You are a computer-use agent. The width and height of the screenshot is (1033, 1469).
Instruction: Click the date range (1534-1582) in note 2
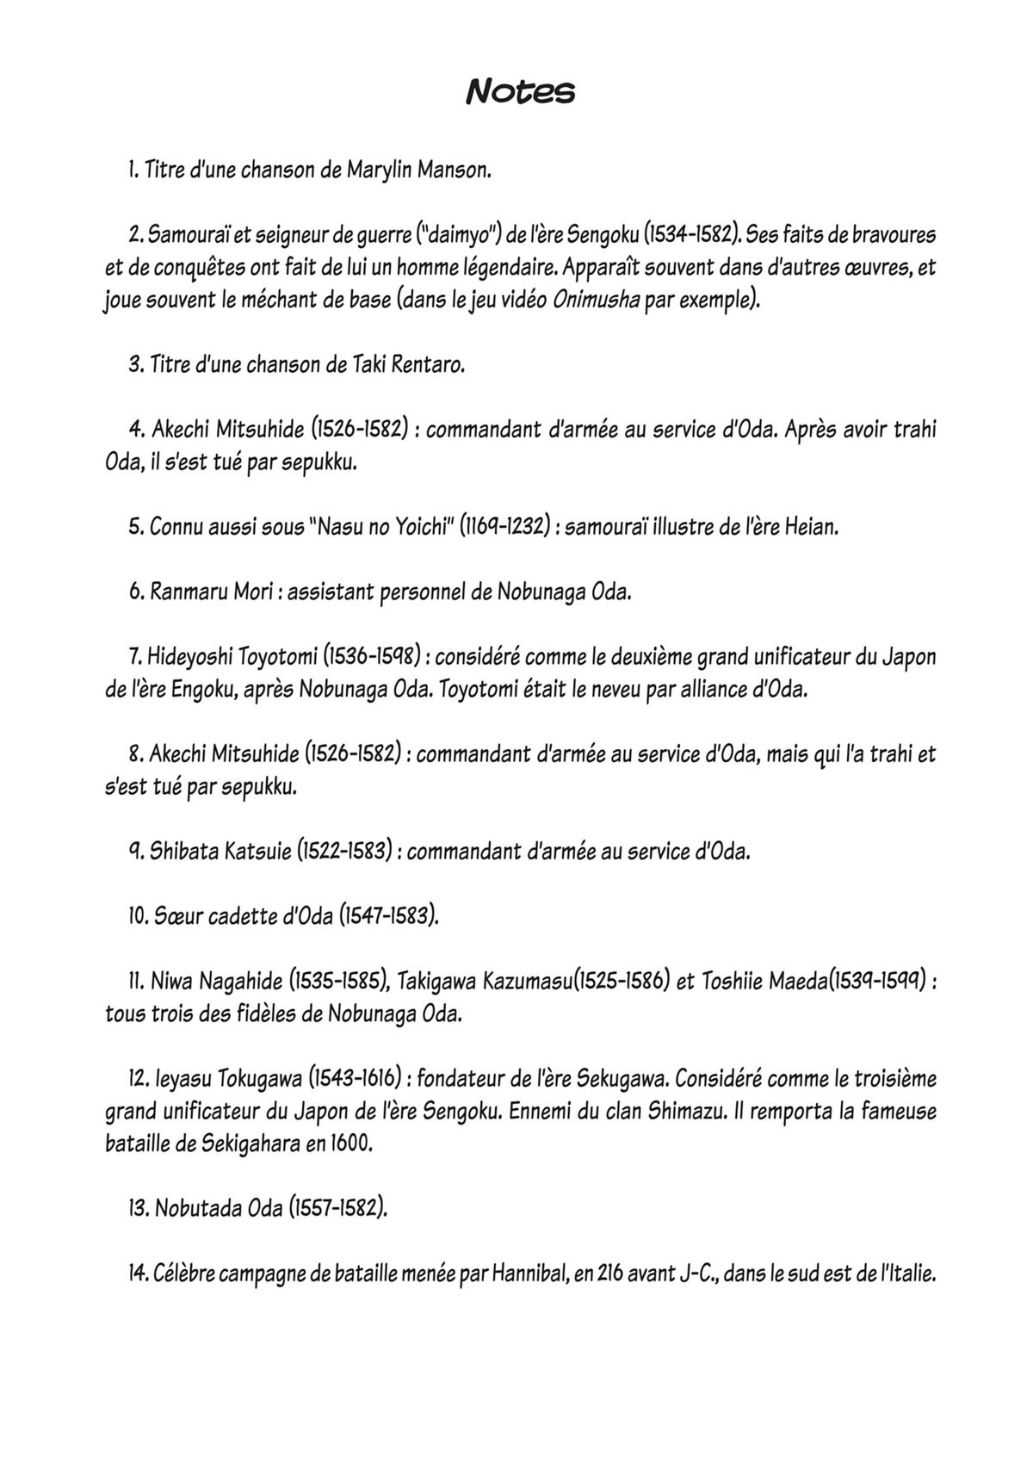click(x=690, y=234)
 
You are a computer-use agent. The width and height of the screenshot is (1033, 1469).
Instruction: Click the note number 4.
click(x=135, y=429)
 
